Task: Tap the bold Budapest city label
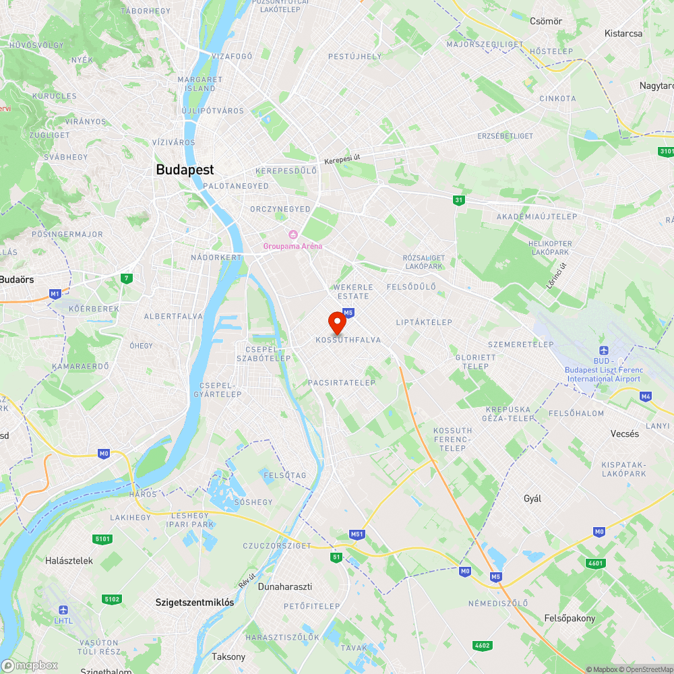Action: (x=185, y=170)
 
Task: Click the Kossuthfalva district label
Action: (x=348, y=340)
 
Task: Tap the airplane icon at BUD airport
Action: (x=603, y=350)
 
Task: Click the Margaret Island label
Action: (x=196, y=84)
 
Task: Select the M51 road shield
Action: (x=357, y=534)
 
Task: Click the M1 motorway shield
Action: (x=55, y=294)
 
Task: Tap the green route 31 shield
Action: (x=459, y=200)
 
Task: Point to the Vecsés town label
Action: (x=624, y=433)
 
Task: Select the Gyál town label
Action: (x=532, y=499)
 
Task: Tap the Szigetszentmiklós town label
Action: (x=195, y=602)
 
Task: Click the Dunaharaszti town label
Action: (x=285, y=586)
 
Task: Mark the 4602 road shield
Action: (x=482, y=645)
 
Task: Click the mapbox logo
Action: (x=30, y=665)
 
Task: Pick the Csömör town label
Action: (x=546, y=21)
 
